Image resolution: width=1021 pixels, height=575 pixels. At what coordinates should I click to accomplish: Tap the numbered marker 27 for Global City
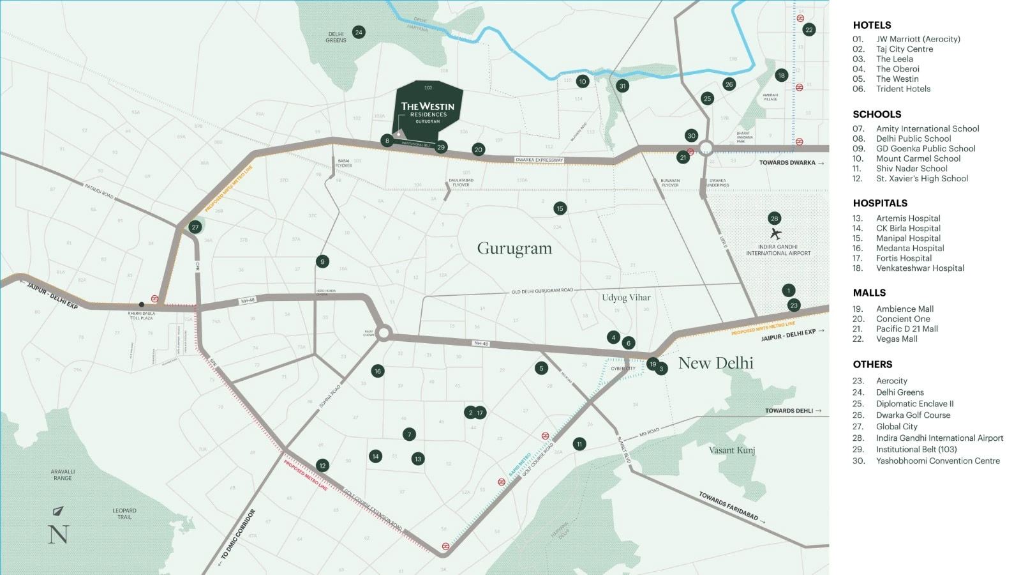click(x=195, y=227)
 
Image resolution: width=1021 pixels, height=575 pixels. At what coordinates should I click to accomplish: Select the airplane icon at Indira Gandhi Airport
click(x=775, y=234)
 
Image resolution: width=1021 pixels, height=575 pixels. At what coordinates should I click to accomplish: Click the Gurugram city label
click(x=514, y=249)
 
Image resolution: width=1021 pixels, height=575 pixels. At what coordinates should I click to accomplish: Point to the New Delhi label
click(x=715, y=363)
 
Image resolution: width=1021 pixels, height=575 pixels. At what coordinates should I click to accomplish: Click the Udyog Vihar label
click(x=626, y=298)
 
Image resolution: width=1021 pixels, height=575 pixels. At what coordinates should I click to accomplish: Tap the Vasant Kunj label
click(x=732, y=450)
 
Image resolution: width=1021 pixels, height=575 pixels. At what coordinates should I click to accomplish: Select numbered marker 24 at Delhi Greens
click(x=359, y=32)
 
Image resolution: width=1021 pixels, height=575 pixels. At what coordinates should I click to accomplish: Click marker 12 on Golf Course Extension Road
click(x=322, y=466)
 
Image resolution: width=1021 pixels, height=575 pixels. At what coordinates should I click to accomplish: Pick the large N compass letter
click(x=58, y=534)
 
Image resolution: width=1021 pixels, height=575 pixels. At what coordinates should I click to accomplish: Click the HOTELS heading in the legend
click(x=872, y=26)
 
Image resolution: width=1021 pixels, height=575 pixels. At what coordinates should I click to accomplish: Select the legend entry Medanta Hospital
click(x=909, y=249)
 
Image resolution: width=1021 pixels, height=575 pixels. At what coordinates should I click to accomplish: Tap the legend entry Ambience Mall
click(x=904, y=309)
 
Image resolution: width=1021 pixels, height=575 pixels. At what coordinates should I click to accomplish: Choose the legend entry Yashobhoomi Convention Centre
click(x=937, y=461)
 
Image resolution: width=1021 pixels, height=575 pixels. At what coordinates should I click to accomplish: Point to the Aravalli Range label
click(x=63, y=475)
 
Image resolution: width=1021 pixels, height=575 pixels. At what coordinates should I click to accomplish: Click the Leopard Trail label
click(x=124, y=514)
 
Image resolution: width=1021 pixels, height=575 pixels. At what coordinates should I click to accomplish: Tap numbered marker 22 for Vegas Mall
click(x=809, y=29)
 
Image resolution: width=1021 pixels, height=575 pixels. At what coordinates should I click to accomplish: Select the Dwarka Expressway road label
click(x=539, y=160)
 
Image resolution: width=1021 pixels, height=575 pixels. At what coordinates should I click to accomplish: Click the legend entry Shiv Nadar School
click(x=911, y=169)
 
